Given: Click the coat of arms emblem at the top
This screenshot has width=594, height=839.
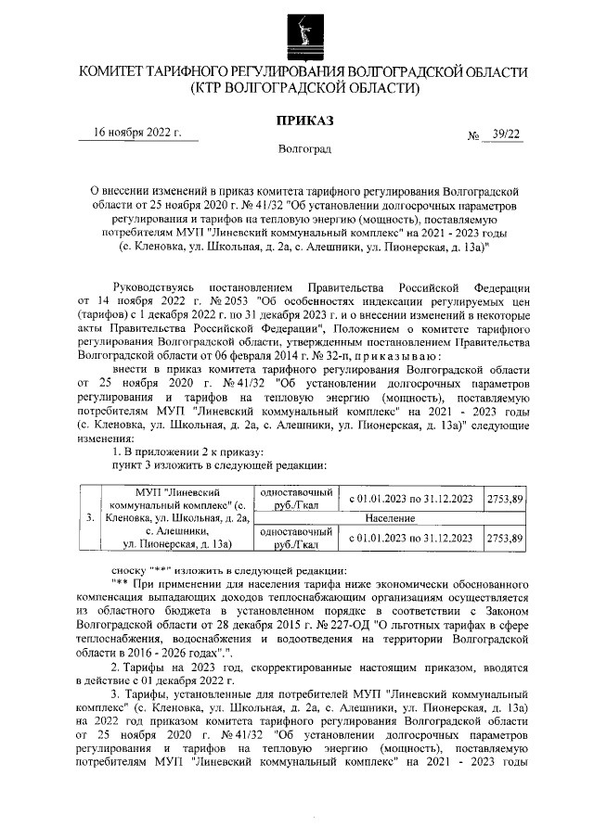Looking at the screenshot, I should [296, 32].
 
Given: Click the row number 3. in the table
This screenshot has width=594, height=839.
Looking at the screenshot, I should [89, 518].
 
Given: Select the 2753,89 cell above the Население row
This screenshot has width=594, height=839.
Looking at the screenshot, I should [506, 499].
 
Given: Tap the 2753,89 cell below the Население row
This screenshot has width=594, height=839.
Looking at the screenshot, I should [506, 538].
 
